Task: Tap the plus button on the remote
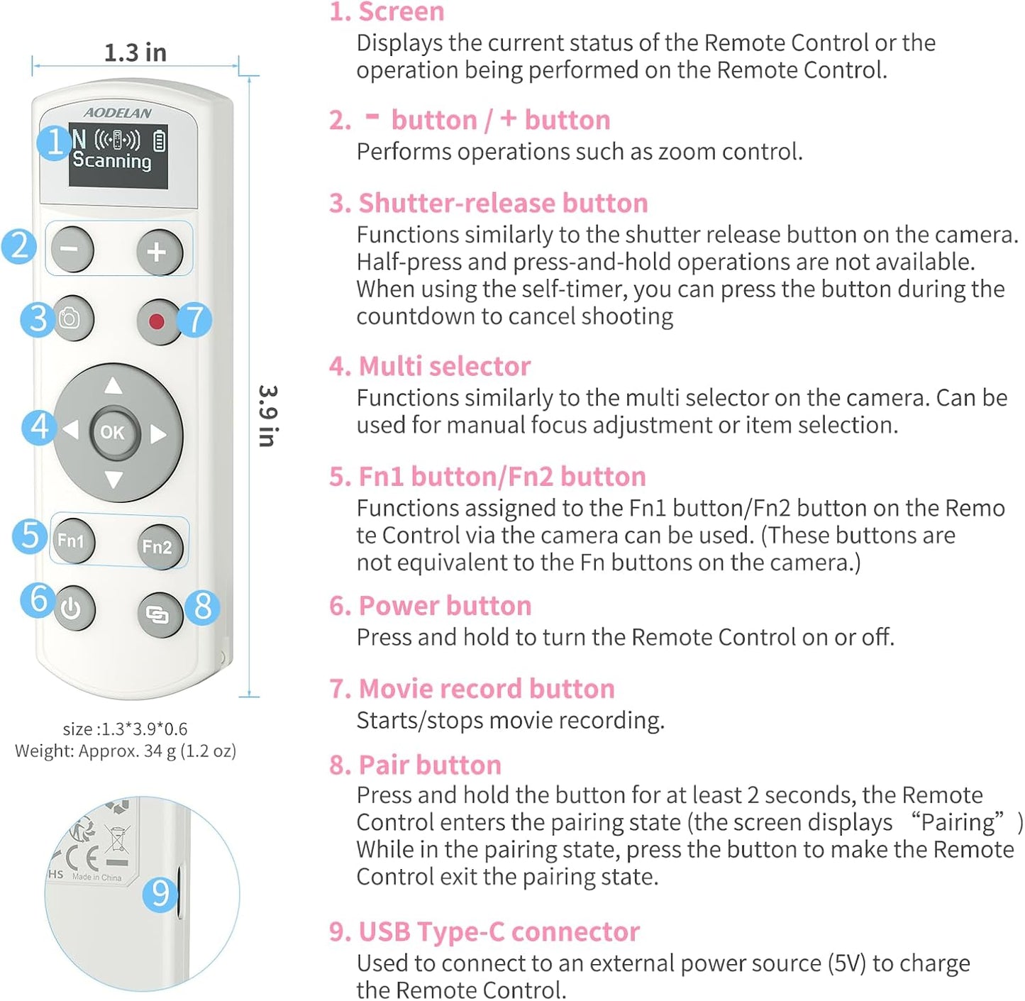pyautogui.click(x=157, y=252)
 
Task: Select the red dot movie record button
pyautogui.click(x=157, y=321)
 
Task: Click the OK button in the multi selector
pyautogui.click(x=113, y=432)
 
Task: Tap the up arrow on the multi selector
pyautogui.click(x=113, y=386)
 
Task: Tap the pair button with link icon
pyautogui.click(x=157, y=614)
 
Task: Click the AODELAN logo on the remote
pyautogui.click(x=118, y=113)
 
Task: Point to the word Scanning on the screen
pyautogui.click(x=112, y=160)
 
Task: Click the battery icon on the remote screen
pyautogui.click(x=160, y=140)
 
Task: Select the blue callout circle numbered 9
pyautogui.click(x=160, y=893)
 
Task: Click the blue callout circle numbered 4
pyautogui.click(x=39, y=427)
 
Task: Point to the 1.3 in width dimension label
pyautogui.click(x=135, y=52)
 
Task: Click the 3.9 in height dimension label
pyautogui.click(x=267, y=416)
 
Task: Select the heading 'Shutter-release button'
pyautogui.click(x=502, y=203)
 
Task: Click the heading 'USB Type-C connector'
pyautogui.click(x=499, y=931)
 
